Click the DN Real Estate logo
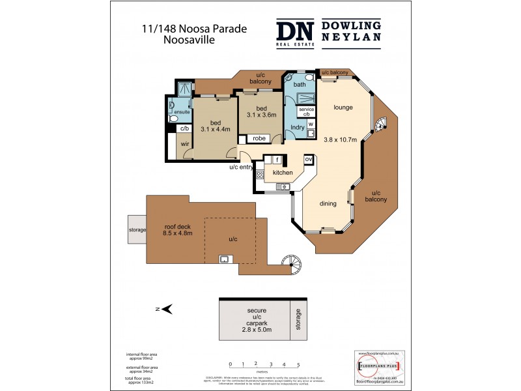point(296,33)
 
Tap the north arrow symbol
point(165,310)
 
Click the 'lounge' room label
point(343,108)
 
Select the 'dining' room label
point(328,204)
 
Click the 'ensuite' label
point(182,111)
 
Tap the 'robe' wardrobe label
point(259,138)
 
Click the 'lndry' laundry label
point(298,127)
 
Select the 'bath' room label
point(300,85)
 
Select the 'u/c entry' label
point(241,167)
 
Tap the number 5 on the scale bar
point(298,364)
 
